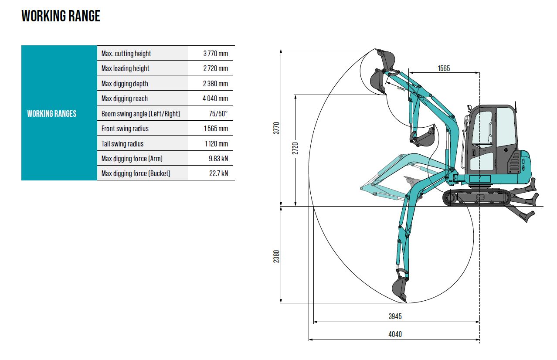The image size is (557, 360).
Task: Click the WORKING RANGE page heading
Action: tap(61, 16)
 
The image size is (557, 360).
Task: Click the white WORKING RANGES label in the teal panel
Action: tap(52, 114)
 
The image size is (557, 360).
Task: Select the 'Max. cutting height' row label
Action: tap(126, 54)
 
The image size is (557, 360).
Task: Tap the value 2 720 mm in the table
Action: tap(216, 68)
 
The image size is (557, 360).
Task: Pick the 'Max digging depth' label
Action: tap(125, 84)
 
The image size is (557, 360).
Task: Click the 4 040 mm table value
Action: tap(215, 98)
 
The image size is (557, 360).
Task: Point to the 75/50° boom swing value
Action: tap(218, 114)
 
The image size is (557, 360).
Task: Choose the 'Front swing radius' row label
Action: tap(125, 129)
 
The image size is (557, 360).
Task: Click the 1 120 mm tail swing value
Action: tap(216, 144)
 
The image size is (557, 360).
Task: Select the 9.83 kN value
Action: tap(218, 159)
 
